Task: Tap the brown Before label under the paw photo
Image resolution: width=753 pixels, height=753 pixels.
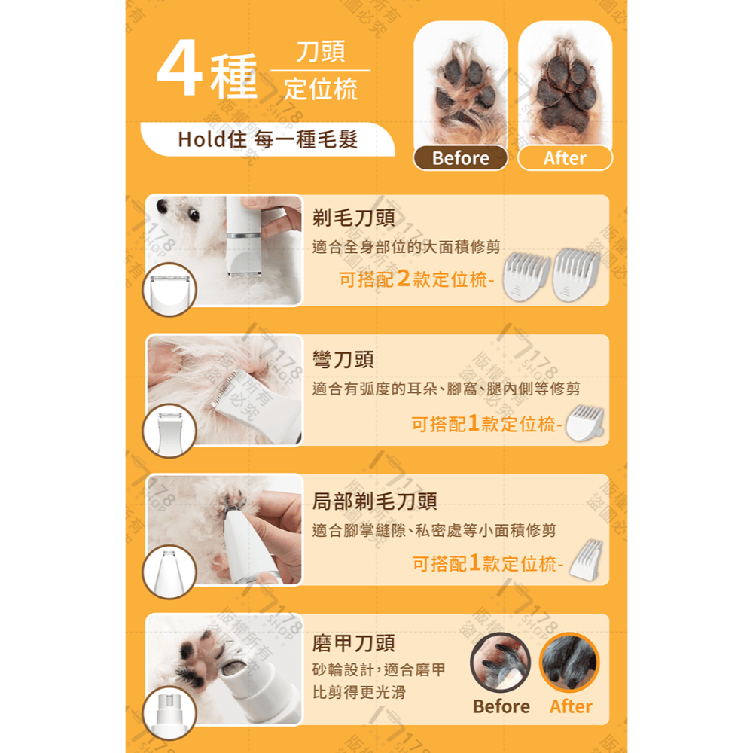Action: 460,158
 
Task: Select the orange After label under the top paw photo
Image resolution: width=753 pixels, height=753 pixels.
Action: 565,158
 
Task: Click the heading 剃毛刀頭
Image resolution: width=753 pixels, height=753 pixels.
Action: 353,218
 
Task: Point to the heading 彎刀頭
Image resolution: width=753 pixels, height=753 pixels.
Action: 343,359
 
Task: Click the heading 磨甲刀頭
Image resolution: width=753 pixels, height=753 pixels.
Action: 353,642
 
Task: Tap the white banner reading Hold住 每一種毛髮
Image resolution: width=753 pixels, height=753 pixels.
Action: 267,139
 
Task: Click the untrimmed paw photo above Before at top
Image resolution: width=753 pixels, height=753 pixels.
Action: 460,83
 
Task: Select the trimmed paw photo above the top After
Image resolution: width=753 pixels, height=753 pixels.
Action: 565,83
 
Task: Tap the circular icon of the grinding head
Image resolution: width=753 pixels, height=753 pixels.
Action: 169,712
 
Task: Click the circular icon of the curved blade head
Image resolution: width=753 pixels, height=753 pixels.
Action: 169,431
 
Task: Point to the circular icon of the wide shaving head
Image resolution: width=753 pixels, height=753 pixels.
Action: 169,290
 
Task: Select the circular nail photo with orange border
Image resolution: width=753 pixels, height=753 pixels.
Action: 569,662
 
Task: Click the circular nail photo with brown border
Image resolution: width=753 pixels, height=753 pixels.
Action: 500,662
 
